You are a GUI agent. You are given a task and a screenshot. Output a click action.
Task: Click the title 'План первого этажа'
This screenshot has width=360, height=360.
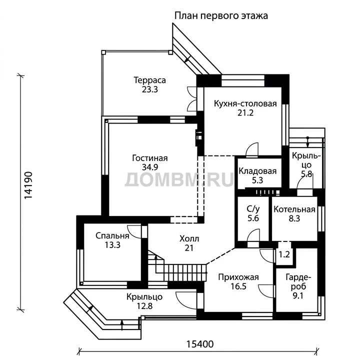pos(221,16)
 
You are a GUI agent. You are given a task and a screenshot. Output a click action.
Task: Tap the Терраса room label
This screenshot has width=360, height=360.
pos(149,80)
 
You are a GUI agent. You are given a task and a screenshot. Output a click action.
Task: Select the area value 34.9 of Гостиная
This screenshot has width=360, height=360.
pos(150,167)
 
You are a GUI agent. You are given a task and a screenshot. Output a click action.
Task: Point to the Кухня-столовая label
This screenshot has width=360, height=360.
pos(245,104)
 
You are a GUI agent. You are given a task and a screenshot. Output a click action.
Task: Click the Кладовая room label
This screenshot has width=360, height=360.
pos(257,171)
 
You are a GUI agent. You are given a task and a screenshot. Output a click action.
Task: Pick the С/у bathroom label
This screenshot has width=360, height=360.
pos(253,209)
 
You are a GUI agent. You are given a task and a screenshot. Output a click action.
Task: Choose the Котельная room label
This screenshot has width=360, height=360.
pos(294,209)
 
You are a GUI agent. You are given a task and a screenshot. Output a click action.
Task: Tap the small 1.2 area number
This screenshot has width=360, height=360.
pos(284,254)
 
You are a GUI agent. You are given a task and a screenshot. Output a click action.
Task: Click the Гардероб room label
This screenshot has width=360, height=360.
pos(298,282)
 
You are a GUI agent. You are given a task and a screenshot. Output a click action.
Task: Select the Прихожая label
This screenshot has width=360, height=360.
pos(238,277)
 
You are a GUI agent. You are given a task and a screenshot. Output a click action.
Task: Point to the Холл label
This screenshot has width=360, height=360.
pos(189,239)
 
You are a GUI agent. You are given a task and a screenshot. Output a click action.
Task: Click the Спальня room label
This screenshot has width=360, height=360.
pos(112,236)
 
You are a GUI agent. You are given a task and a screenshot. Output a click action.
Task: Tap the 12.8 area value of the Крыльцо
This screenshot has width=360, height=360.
pos(144,306)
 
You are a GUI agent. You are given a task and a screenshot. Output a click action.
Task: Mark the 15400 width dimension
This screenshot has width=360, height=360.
pos(199,344)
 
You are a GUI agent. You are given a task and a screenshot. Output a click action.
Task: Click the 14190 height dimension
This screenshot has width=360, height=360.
pos(28,185)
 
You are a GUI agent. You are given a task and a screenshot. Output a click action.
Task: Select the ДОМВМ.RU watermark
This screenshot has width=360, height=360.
pos(179,179)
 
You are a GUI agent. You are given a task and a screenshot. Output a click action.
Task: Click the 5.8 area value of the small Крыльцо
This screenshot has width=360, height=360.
pos(306,174)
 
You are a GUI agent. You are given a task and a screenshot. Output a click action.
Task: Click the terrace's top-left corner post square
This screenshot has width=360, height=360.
pos(103,52)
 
